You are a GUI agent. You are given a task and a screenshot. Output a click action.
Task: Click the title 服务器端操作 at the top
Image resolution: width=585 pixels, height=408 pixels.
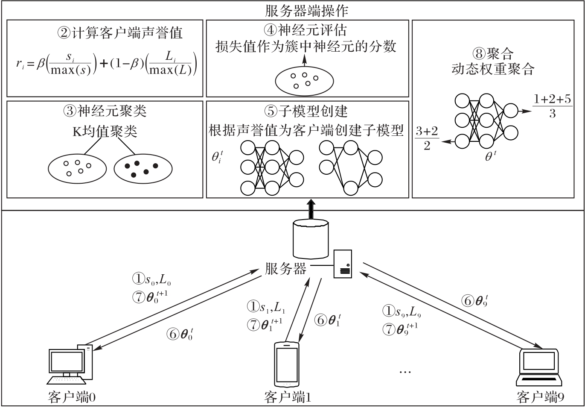[306, 10]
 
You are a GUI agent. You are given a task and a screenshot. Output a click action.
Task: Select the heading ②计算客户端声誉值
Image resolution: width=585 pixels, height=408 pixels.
[120, 33]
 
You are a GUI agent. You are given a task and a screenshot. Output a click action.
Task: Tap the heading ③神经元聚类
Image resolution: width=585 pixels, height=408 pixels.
[105, 111]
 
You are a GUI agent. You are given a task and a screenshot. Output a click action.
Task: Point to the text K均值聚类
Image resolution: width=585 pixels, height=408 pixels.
[105, 131]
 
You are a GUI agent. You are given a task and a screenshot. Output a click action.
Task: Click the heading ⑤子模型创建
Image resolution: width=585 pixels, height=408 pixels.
[306, 112]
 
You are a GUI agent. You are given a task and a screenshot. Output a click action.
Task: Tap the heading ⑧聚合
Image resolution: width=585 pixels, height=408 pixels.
[493, 54]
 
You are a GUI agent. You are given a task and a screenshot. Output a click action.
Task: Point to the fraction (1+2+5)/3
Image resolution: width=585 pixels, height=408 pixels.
[552, 106]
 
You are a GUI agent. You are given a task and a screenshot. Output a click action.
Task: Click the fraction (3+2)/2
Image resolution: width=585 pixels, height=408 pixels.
[427, 138]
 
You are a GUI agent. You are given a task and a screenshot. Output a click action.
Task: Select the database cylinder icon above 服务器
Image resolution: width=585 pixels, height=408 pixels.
[311, 238]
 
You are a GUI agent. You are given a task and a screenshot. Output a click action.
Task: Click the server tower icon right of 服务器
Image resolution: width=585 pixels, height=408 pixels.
[343, 264]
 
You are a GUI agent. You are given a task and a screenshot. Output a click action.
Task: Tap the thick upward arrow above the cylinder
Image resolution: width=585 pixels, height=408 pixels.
[311, 209]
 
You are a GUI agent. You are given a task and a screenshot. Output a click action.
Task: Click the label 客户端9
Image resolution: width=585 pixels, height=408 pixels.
[540, 397]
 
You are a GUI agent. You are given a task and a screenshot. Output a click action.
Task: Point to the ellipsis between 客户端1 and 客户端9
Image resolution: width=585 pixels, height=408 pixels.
[405, 371]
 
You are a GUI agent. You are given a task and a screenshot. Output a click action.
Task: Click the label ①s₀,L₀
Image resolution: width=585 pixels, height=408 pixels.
[151, 280]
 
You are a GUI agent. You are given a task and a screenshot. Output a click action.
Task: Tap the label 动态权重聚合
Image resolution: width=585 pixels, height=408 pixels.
[493, 69]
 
